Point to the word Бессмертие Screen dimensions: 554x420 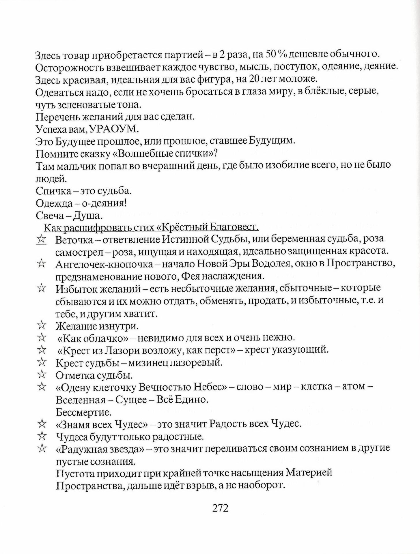(x=84, y=412)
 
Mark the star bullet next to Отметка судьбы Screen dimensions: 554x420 (x=42, y=375)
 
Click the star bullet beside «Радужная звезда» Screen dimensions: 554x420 (x=42, y=448)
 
